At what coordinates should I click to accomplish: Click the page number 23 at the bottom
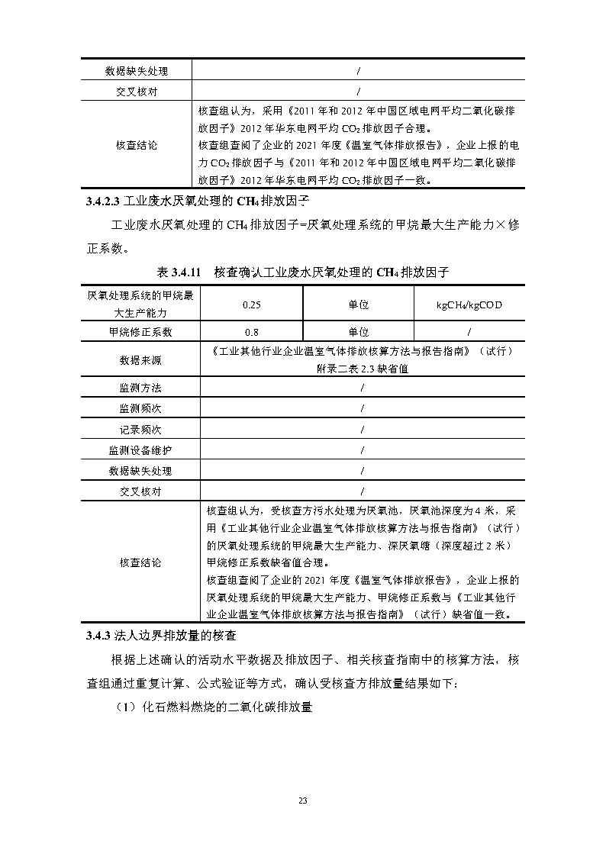pos(302,801)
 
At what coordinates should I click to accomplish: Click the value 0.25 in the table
pos(251,304)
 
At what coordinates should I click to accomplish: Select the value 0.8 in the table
pos(251,332)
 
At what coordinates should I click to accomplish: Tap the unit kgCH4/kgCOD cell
pos(469,304)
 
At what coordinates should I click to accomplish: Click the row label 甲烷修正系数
pos(140,332)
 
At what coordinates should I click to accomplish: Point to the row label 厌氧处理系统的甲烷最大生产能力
pos(140,304)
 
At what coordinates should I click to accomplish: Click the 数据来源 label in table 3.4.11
pos(140,360)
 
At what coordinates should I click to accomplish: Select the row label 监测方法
pos(140,388)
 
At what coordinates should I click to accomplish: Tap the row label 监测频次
pos(140,408)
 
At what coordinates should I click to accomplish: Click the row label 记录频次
pos(140,429)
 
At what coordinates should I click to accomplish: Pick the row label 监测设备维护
pos(140,450)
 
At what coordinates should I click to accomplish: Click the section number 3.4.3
pos(97,635)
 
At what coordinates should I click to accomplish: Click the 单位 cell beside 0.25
pos(358,304)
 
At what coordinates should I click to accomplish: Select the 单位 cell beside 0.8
pos(358,332)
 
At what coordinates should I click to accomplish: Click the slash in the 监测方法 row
pos(362,388)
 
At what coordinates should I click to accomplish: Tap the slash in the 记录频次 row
pos(362,429)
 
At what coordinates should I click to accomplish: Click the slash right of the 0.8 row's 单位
pos(469,332)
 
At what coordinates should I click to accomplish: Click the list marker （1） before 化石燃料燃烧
pos(125,707)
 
